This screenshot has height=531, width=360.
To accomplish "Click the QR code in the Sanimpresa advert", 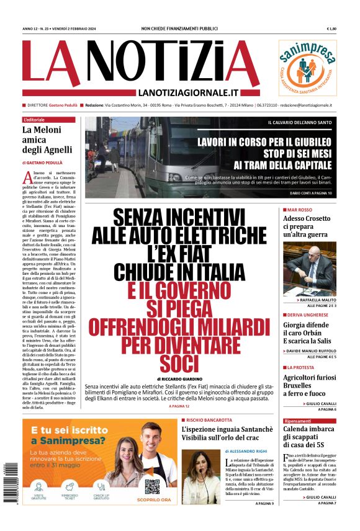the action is (x=152, y=486).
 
